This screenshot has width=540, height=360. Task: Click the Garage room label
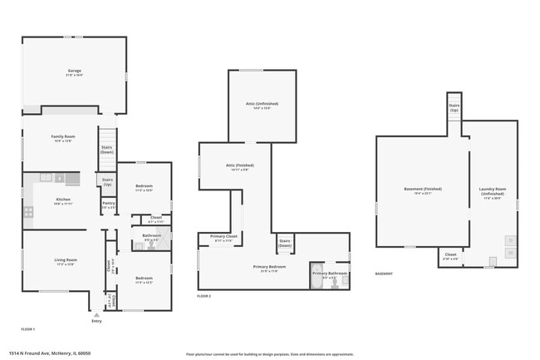click(74, 72)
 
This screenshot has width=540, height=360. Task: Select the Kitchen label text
click(64, 200)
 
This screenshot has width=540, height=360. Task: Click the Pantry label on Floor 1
click(109, 202)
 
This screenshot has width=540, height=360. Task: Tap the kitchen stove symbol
click(27, 212)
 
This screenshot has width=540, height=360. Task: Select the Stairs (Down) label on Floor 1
click(107, 149)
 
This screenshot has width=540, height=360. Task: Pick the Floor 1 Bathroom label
click(151, 235)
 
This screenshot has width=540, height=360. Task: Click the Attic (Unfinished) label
click(262, 104)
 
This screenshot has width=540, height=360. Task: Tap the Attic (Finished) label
click(239, 165)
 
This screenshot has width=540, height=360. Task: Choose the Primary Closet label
click(223, 236)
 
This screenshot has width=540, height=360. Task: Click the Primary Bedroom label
click(269, 267)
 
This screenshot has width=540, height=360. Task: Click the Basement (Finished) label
click(423, 189)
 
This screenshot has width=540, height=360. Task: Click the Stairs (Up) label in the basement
click(454, 107)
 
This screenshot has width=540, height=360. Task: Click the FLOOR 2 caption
click(204, 297)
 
